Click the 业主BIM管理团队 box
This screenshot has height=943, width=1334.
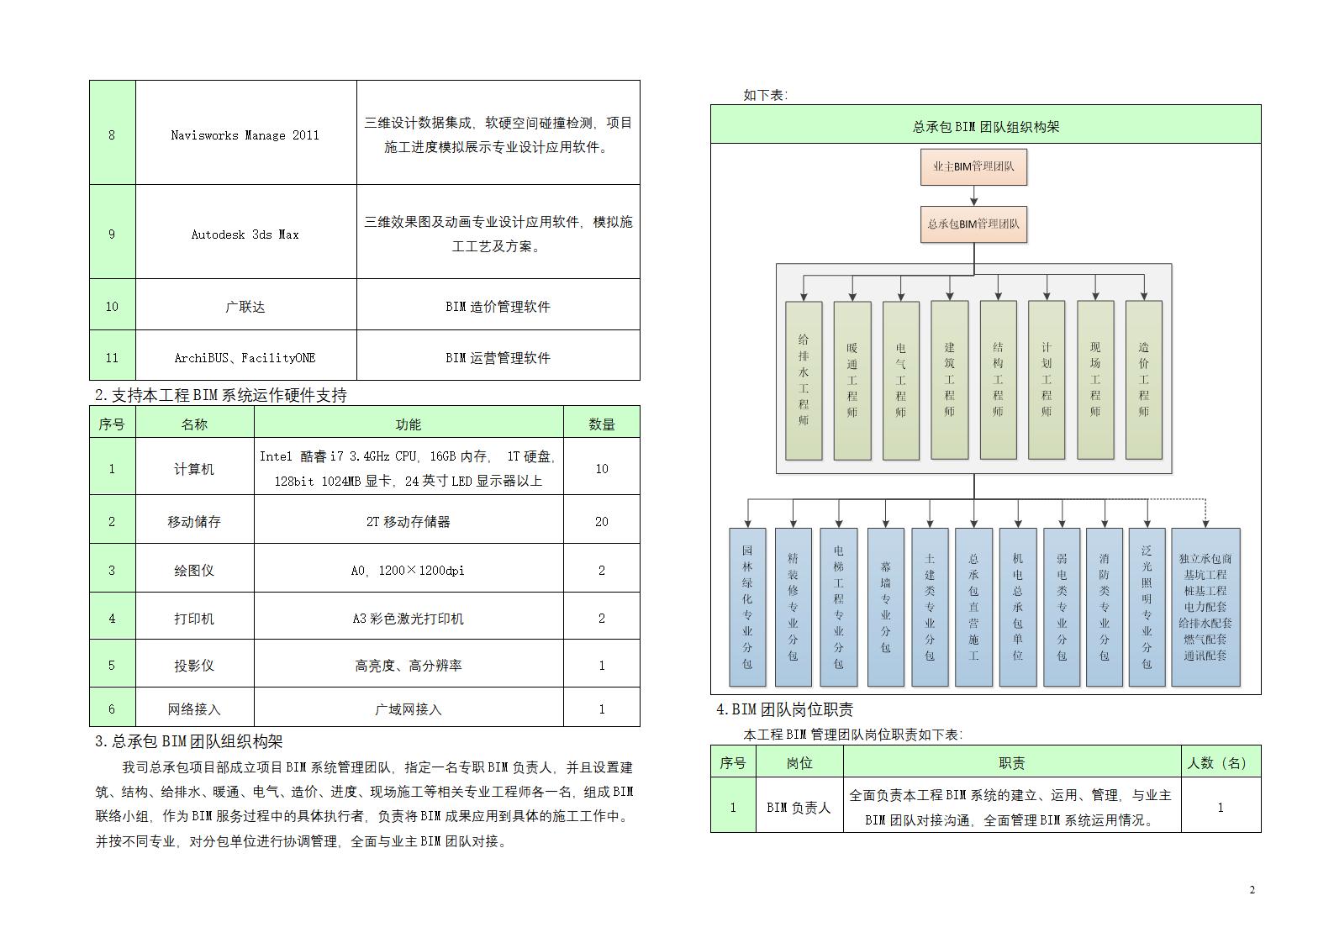coord(973,166)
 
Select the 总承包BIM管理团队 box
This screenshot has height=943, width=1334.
coord(973,224)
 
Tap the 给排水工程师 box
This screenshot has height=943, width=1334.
coord(804,380)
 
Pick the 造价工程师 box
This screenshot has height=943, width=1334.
coord(1143,380)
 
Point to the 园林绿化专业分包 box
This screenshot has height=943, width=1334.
coord(747,607)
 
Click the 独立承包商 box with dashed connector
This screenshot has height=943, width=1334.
coord(1205,607)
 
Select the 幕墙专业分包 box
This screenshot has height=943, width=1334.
coord(885,607)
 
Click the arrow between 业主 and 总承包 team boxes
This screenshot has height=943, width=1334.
coord(973,196)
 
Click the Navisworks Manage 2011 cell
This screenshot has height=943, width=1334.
coord(245,135)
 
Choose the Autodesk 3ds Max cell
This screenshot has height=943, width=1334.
coord(245,234)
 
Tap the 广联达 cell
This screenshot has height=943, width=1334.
coord(245,307)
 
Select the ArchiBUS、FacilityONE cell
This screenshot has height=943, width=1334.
coord(245,358)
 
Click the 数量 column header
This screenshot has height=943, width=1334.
coord(601,424)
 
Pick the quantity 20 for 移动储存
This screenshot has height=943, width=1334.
coord(601,522)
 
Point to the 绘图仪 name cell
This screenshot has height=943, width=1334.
coord(194,571)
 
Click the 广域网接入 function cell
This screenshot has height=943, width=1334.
coord(408,709)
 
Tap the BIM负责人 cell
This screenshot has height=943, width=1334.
coord(799,808)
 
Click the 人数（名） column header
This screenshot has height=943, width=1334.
coord(1220,763)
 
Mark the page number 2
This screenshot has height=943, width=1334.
coord(1252,890)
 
